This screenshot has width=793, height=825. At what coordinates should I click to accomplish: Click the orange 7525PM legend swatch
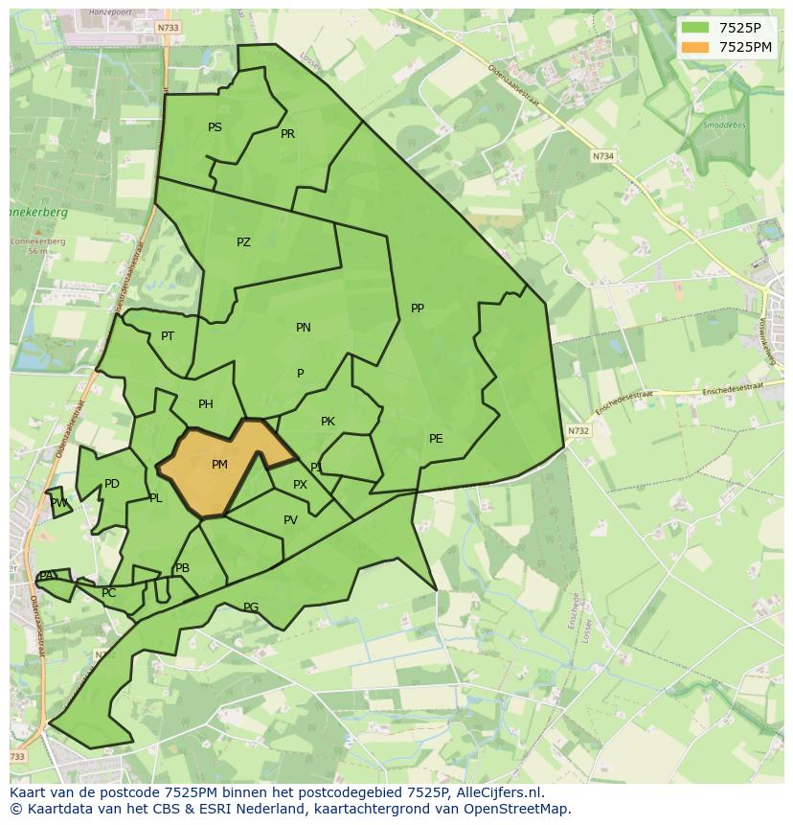tap(695, 47)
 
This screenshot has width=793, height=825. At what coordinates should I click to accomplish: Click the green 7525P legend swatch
tap(695, 28)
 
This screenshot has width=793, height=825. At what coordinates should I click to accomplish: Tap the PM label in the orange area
tap(219, 465)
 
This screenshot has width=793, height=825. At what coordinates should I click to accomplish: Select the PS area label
tap(215, 127)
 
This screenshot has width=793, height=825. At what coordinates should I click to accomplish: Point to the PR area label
tap(287, 134)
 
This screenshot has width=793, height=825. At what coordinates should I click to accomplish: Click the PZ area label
tap(243, 242)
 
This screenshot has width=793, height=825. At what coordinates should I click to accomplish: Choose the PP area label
tap(418, 309)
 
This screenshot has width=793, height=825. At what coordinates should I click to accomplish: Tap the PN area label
tap(304, 328)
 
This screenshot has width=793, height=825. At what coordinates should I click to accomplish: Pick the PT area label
tap(168, 336)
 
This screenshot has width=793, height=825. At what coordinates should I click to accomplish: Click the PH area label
tap(206, 404)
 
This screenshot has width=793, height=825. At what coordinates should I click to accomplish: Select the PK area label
tap(328, 422)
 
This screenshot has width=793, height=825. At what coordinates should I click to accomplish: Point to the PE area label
tap(436, 439)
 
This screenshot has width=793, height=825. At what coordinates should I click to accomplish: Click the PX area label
tap(300, 485)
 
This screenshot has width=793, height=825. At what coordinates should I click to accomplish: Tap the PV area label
tap(290, 521)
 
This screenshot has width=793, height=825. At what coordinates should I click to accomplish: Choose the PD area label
tap(112, 484)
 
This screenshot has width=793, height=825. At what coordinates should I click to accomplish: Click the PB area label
tap(182, 568)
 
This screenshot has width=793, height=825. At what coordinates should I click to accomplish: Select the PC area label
tap(108, 593)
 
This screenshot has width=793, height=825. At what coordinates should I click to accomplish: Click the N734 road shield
tap(602, 156)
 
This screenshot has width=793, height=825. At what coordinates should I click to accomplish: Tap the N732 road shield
tap(578, 431)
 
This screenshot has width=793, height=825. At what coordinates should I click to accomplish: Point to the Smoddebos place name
tap(723, 125)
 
